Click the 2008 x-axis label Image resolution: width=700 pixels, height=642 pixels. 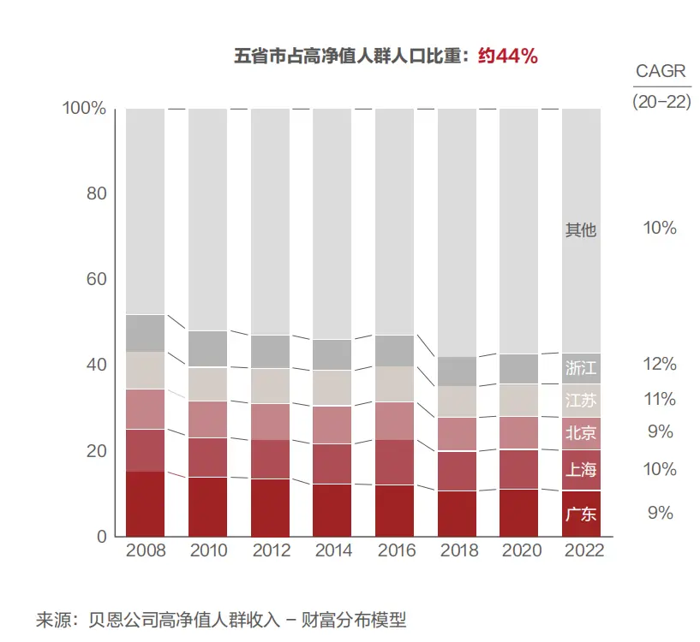pyautogui.click(x=145, y=550)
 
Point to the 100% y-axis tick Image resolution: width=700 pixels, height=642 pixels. pyautogui.click(x=85, y=109)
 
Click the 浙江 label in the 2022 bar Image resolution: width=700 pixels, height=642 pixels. pyautogui.click(x=580, y=368)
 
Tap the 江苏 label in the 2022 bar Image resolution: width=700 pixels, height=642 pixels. pyautogui.click(x=580, y=401)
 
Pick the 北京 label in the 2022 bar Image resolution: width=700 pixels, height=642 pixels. pyautogui.click(x=580, y=433)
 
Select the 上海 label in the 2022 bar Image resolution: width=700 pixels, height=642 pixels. pyautogui.click(x=580, y=469)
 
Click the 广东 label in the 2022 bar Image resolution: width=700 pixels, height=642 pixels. pyautogui.click(x=580, y=514)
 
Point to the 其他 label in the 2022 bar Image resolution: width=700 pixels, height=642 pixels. pyautogui.click(x=580, y=230)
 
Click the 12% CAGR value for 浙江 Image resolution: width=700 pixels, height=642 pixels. pyautogui.click(x=660, y=364)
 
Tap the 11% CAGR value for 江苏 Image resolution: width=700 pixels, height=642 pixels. pyautogui.click(x=660, y=399)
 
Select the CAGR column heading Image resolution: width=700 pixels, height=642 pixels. pyautogui.click(x=661, y=71)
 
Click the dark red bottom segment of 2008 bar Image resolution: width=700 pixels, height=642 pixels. pyautogui.click(x=145, y=503)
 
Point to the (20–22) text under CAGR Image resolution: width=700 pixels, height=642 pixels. pyautogui.click(x=661, y=100)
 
